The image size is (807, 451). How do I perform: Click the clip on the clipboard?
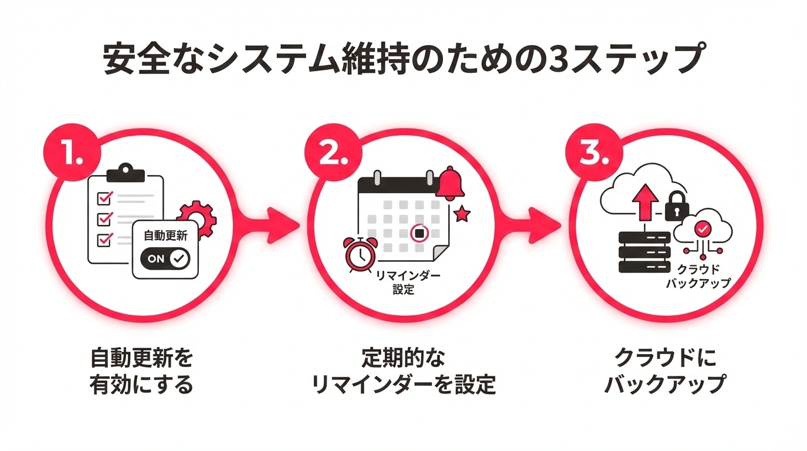[x=126, y=173]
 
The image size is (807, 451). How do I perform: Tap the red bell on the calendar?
[x=450, y=183]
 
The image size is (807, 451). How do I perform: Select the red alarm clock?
[x=358, y=254]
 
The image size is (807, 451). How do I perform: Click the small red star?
[x=462, y=214]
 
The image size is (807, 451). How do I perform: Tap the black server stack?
[x=645, y=251]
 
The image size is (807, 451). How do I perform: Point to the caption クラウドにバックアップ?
[x=665, y=371]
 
